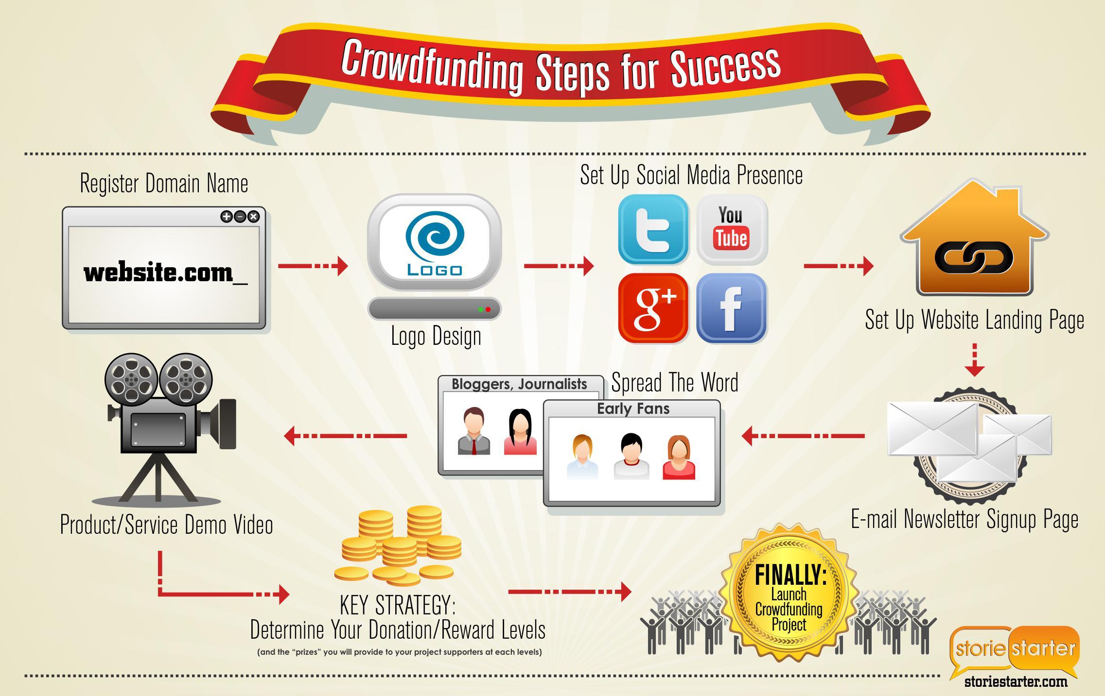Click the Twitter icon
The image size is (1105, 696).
tap(653, 229)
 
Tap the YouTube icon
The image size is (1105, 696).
tap(732, 229)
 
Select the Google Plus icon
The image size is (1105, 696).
tap(653, 308)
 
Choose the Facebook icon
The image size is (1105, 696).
tap(732, 308)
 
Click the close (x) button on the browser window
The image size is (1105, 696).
tap(253, 217)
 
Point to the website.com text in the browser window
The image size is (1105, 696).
tap(166, 272)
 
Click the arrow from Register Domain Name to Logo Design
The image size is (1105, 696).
tap(313, 266)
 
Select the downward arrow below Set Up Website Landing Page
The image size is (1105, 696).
tap(974, 360)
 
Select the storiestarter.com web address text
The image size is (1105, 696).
tap(1016, 682)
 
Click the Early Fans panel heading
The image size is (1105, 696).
tap(633, 408)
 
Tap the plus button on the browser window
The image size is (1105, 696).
tap(227, 217)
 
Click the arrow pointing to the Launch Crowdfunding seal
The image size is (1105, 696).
tap(570, 592)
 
